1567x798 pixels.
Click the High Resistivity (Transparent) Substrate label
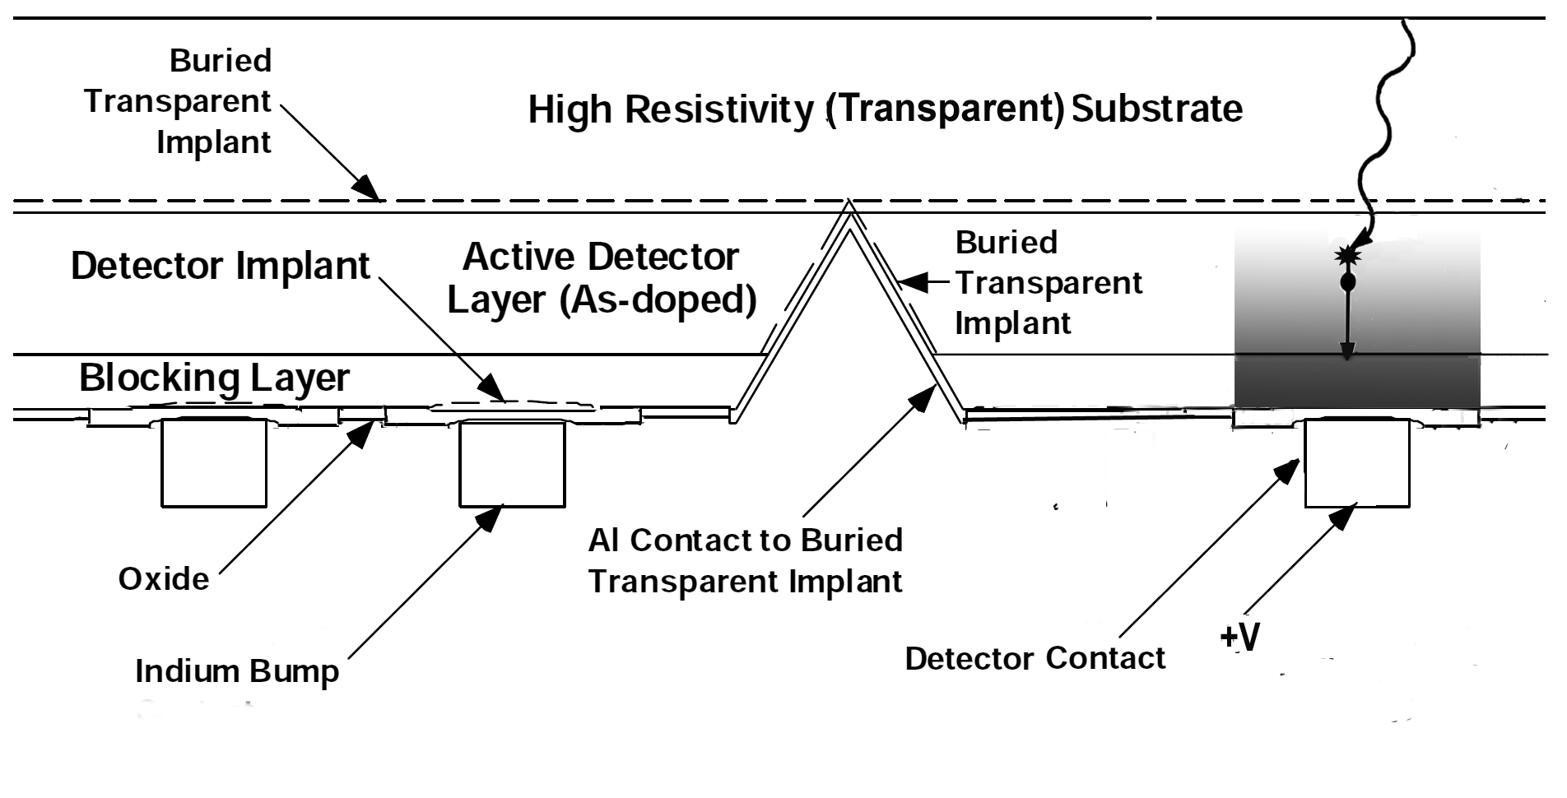885,109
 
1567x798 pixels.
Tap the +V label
1239,637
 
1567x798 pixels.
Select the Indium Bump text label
237,671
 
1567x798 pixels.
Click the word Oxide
164,579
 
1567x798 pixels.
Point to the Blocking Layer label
214,378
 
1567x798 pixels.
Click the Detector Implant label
221,266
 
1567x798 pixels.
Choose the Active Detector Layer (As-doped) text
601,278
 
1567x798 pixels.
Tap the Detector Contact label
1035,658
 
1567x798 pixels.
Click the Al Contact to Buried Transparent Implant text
745,560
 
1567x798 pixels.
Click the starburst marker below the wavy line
1348,256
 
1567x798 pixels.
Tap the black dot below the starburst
1348,283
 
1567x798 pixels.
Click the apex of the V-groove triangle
849,203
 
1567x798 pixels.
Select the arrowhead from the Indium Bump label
491,517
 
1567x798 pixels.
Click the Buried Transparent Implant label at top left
178,101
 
